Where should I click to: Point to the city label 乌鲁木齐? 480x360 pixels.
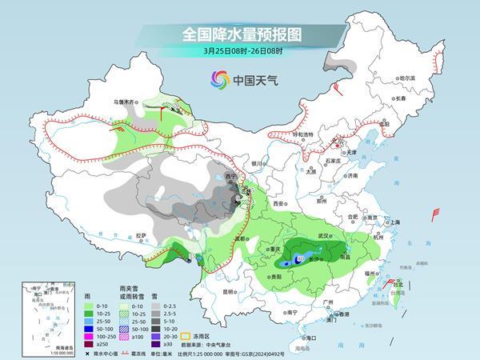[x=124, y=102]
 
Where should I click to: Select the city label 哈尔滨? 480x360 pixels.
[x=407, y=78]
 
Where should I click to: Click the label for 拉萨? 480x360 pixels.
[x=141, y=235]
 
